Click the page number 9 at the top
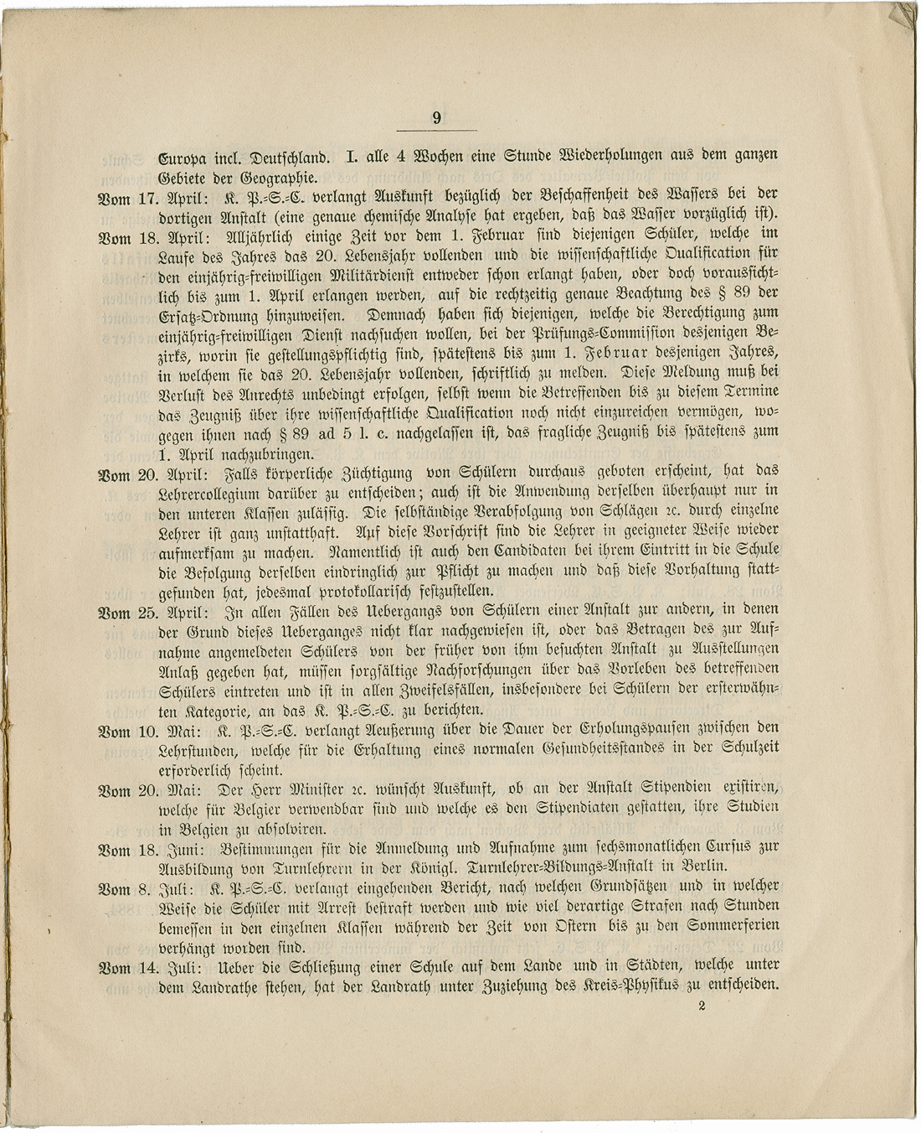436,119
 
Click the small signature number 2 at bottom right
701,1006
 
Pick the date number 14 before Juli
148,968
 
